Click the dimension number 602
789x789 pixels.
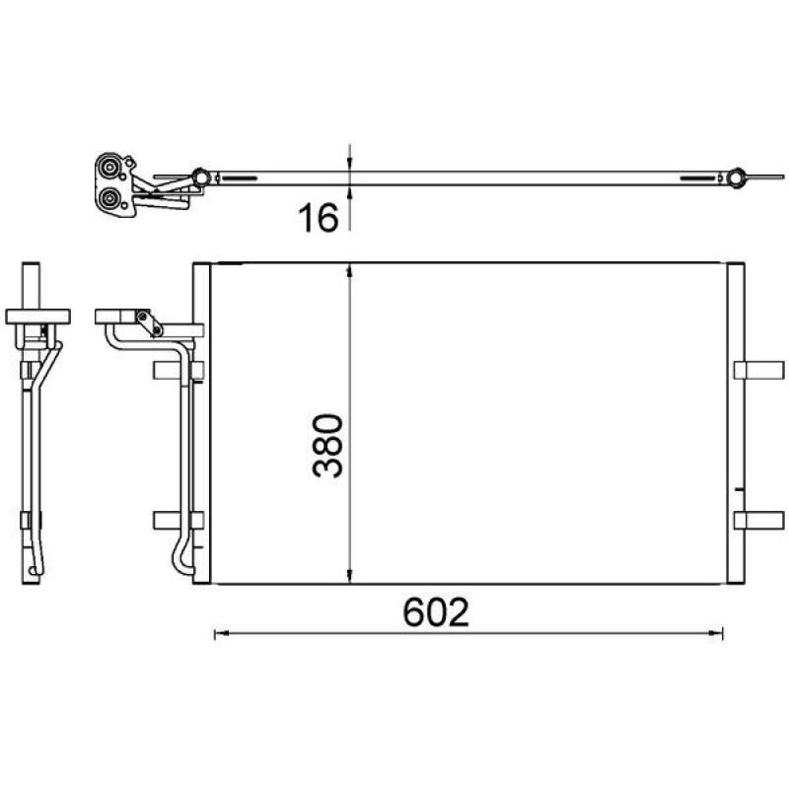(436, 612)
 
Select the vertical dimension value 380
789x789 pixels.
(327, 446)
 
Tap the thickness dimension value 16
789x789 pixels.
(319, 218)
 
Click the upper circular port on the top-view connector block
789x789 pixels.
(109, 167)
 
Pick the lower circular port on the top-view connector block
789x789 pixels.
(109, 198)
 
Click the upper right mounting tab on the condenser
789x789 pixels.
(758, 370)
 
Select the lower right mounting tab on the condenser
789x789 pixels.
(758, 521)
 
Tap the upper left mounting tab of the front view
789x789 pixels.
(179, 370)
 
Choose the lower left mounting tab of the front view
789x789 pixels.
(179, 521)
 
